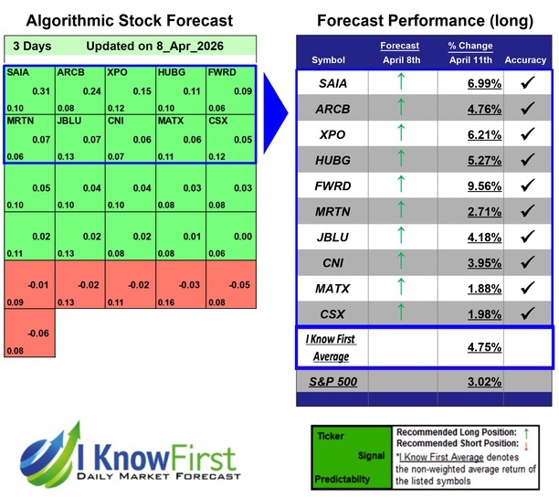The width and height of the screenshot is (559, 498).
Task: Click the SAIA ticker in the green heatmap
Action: pyautogui.click(x=17, y=71)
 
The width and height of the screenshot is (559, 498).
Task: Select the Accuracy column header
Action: pyautogui.click(x=524, y=59)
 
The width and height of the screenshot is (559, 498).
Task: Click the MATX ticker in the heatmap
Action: pyautogui.click(x=170, y=119)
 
